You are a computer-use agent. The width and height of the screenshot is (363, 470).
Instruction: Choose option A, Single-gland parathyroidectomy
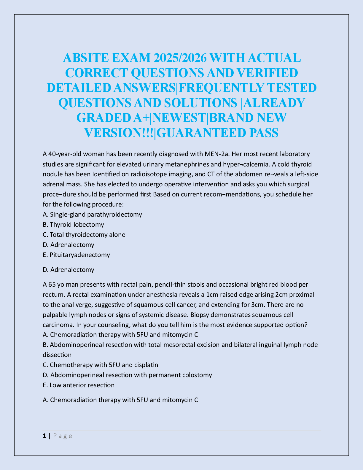click(92, 214)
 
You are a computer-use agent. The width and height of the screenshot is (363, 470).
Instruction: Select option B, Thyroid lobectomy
click(73, 224)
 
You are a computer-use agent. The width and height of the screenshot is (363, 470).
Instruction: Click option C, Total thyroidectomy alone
click(84, 234)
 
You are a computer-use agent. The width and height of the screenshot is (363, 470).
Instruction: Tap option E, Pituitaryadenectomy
click(76, 255)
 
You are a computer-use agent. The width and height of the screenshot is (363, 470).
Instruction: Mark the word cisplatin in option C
click(147, 365)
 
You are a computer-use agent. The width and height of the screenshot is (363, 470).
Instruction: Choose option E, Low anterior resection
click(79, 385)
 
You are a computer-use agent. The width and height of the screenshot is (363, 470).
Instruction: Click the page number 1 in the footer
click(44, 436)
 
